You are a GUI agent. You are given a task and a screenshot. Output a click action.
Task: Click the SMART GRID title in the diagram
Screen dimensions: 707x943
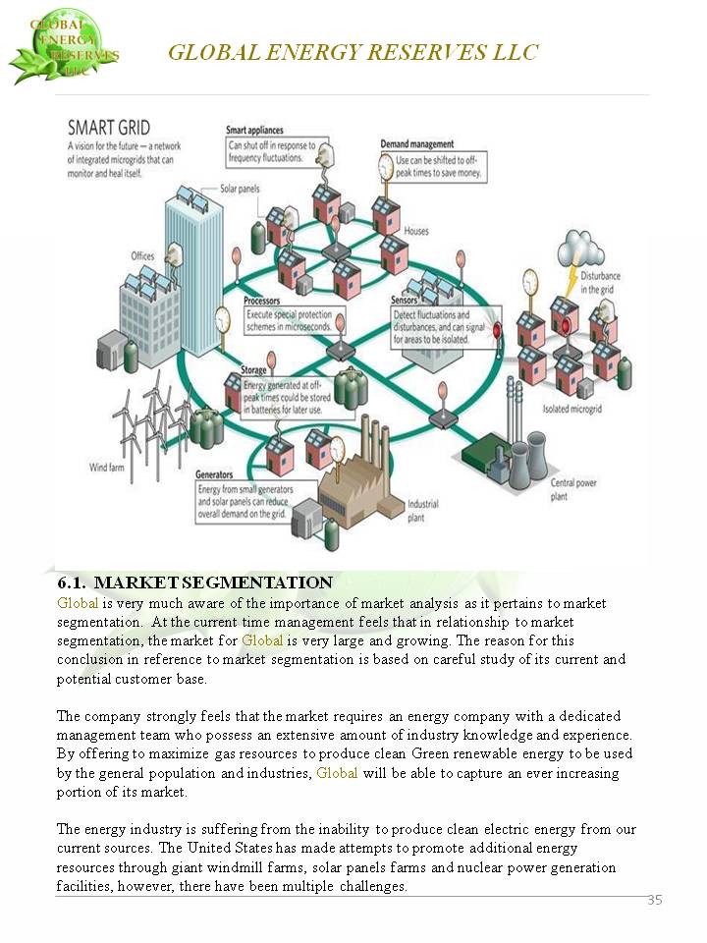[x=109, y=128]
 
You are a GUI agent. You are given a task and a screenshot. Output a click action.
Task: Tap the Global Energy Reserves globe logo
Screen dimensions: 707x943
[x=63, y=46]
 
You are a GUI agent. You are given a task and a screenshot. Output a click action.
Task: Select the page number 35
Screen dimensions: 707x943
[x=655, y=900]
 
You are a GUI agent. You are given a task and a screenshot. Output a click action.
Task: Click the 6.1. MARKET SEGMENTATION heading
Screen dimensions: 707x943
[x=194, y=582]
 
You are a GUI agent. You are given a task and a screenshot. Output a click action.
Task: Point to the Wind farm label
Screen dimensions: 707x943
[x=106, y=468]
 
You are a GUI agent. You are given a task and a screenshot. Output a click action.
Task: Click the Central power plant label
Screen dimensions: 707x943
[x=573, y=489]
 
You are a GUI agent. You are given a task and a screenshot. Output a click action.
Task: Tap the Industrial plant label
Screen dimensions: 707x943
[x=423, y=511]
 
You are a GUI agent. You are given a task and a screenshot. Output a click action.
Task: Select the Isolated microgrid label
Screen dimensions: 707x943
[x=571, y=409]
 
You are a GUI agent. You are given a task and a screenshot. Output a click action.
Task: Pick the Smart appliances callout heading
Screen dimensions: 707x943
[x=254, y=130]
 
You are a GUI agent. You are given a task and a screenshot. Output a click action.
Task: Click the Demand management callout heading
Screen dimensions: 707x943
[x=416, y=143]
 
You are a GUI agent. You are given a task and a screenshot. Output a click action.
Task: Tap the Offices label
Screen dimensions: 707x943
[x=142, y=256]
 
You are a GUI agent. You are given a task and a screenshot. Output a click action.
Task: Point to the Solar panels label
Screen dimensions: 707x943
[x=240, y=189]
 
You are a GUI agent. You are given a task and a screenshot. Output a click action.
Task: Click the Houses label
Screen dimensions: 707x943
[x=416, y=231]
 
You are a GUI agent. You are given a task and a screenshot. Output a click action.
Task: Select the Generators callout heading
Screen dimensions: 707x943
[x=213, y=474]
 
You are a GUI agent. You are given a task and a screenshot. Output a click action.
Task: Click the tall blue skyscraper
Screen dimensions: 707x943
[x=193, y=271]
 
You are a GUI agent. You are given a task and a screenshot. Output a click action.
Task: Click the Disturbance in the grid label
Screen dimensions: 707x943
[x=600, y=283]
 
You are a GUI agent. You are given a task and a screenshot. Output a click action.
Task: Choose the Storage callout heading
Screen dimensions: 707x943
[x=253, y=370]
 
